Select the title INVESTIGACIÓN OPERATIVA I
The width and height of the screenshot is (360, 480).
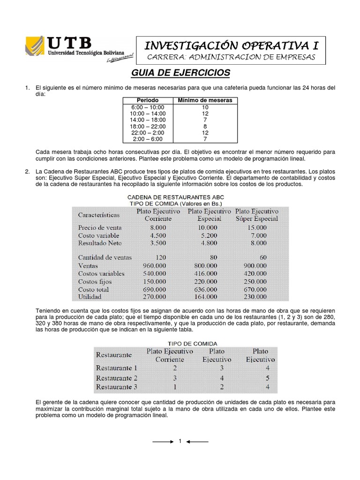click(x=232, y=45)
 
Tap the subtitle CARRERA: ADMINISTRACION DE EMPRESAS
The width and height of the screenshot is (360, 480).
click(x=232, y=57)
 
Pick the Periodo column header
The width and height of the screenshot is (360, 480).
click(x=147, y=100)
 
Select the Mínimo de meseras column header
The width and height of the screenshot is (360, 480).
click(x=205, y=100)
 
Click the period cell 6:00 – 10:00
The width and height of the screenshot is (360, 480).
click(x=147, y=107)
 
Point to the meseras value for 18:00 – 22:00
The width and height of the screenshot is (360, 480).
click(x=205, y=127)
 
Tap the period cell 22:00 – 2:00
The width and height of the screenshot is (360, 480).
click(x=147, y=133)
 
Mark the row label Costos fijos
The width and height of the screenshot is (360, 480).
click(x=95, y=281)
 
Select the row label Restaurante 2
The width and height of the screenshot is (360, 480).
click(x=117, y=378)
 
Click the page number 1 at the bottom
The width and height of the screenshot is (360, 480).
click(x=180, y=442)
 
